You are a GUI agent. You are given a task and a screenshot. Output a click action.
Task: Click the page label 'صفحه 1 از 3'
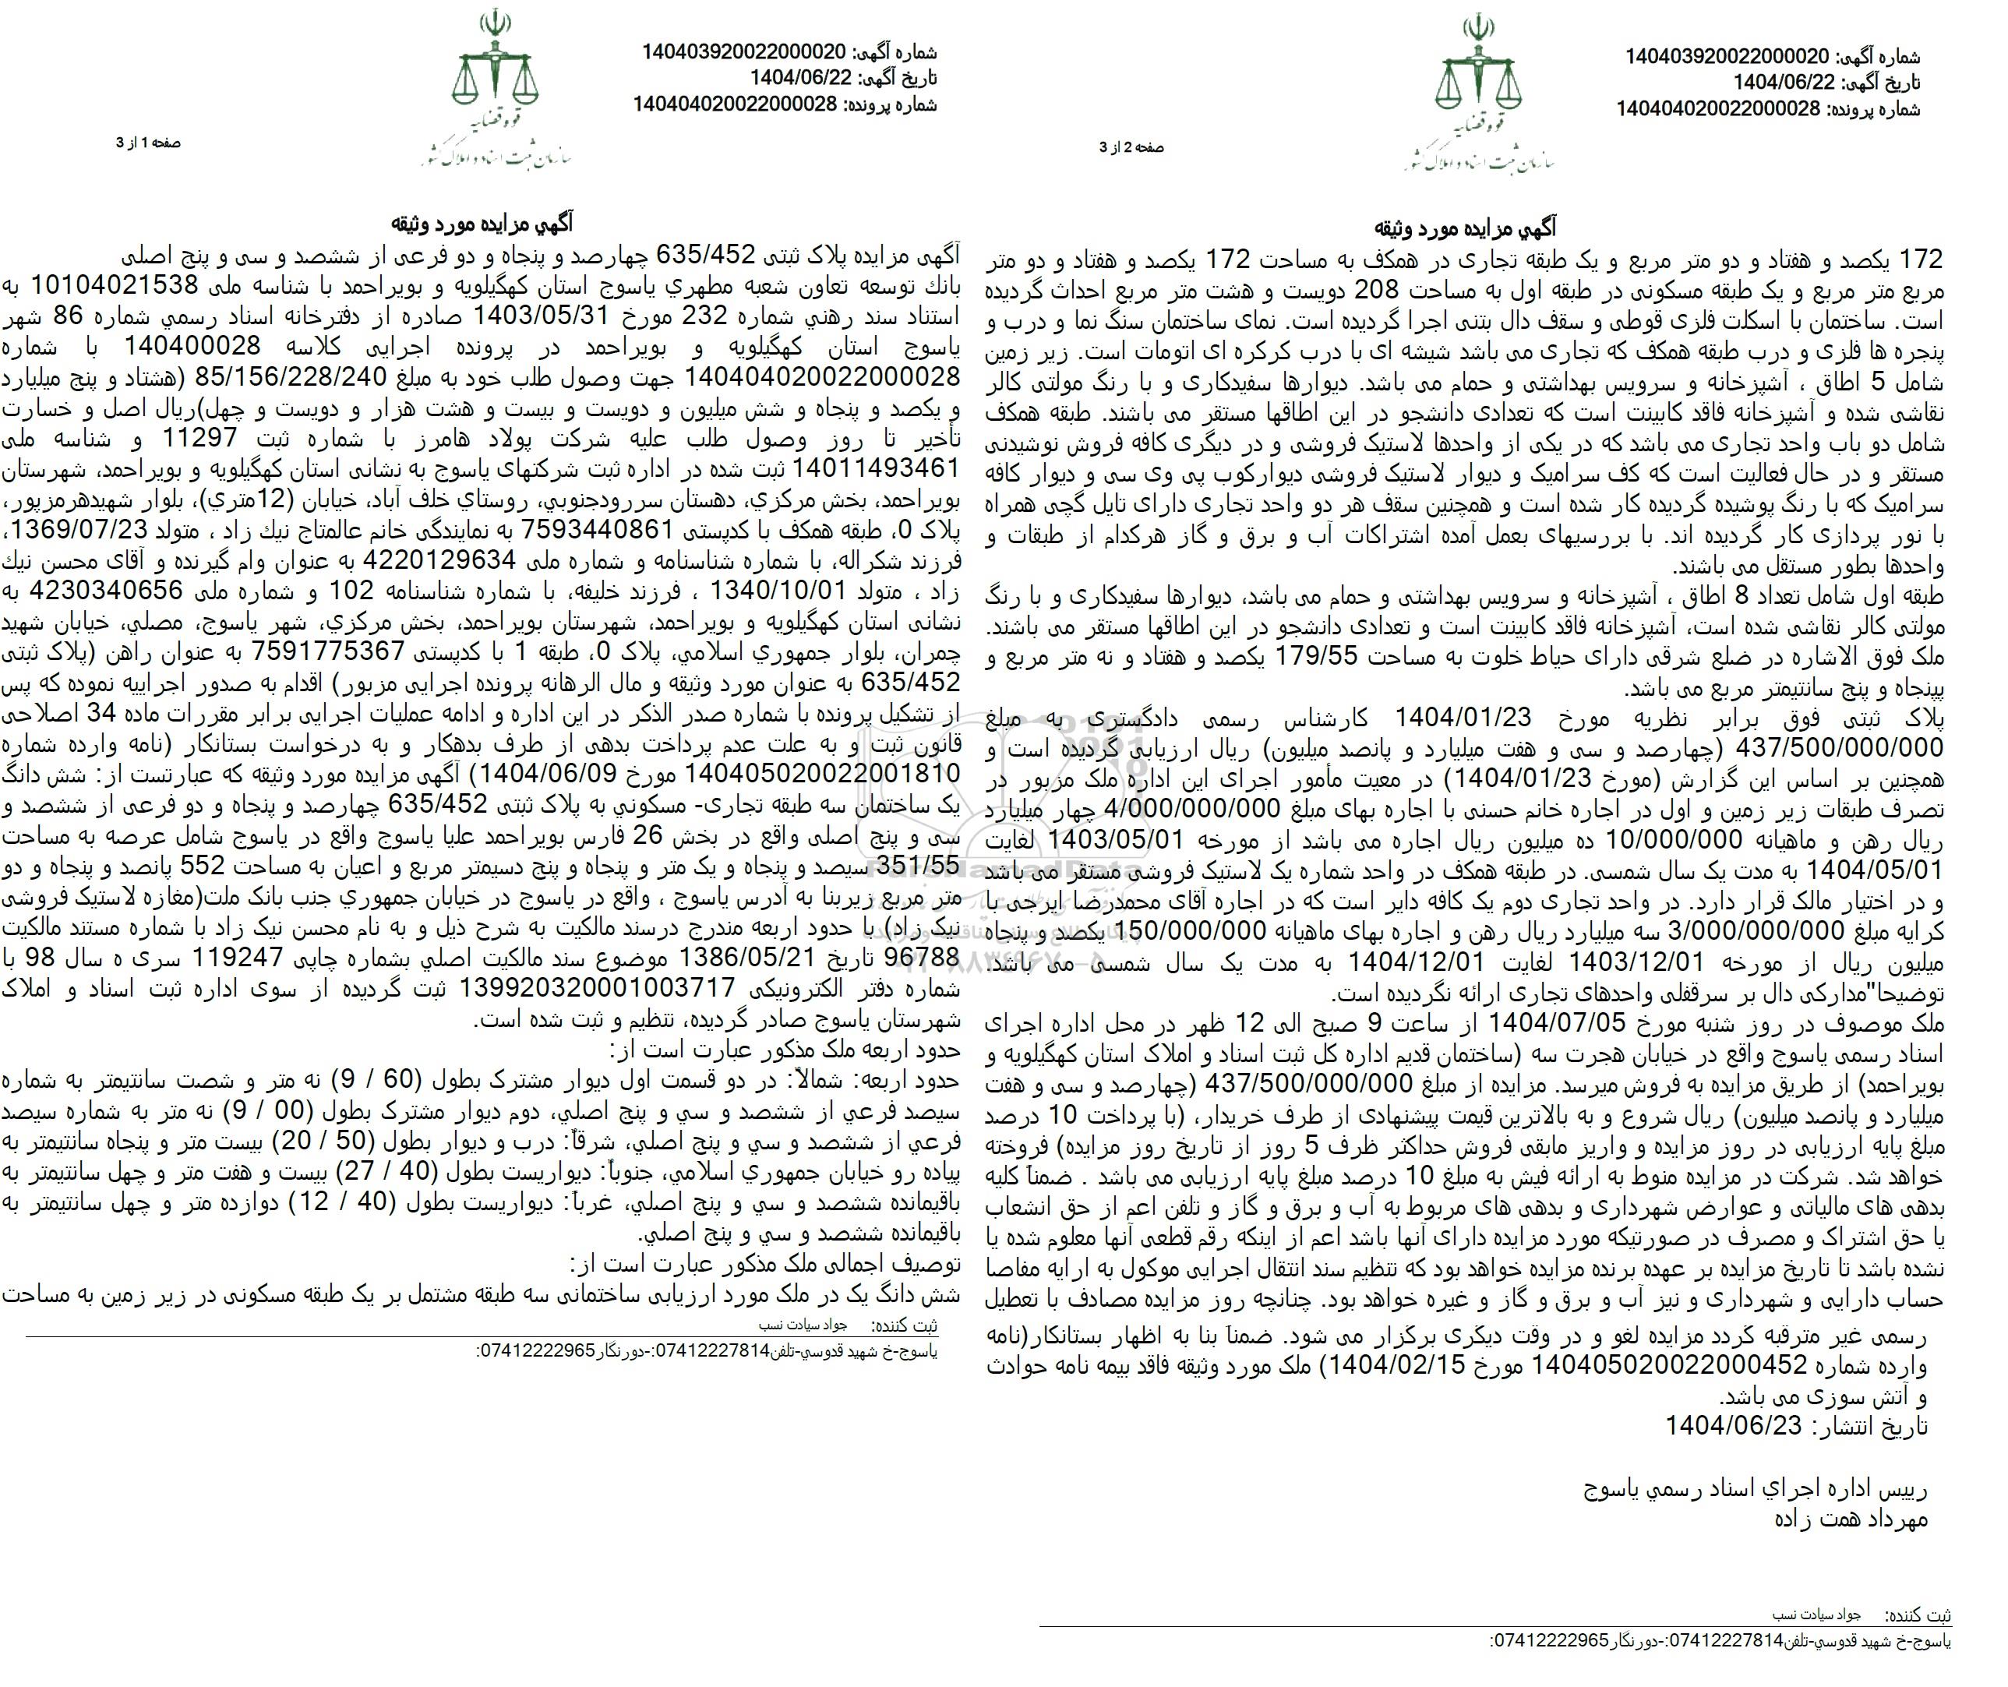[148, 143]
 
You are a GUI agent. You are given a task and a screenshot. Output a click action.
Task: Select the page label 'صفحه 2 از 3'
[1132, 147]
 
